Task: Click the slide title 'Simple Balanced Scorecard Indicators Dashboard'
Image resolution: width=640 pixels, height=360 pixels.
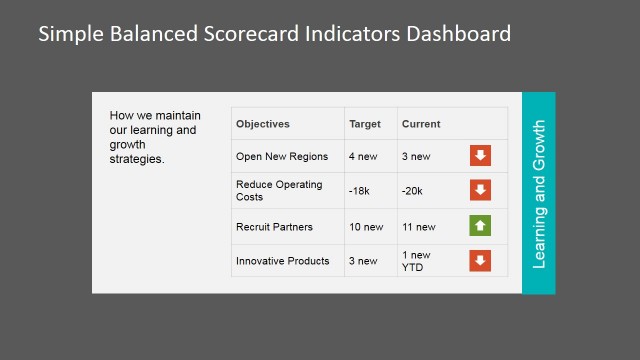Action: coord(275,34)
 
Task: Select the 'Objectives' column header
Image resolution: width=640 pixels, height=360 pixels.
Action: coord(263,124)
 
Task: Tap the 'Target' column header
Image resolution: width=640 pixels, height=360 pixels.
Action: coord(365,124)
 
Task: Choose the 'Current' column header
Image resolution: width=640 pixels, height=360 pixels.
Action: coord(421,124)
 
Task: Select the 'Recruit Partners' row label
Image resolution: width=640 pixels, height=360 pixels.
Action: coord(274,227)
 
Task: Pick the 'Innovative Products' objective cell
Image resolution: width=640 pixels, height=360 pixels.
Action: coord(282,261)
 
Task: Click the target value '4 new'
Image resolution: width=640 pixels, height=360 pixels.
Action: coord(363,156)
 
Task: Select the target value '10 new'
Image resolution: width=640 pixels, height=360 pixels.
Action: coord(366,227)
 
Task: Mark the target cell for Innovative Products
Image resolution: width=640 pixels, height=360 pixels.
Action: coord(363,261)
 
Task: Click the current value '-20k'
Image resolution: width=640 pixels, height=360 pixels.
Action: coord(412,190)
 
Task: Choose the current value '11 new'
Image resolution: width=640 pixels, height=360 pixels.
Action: coord(418,227)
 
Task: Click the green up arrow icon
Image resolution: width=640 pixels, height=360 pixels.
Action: coord(481,226)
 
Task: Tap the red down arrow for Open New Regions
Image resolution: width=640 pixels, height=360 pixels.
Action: coord(481,155)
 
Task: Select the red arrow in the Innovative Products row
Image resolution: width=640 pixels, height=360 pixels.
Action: coord(481,261)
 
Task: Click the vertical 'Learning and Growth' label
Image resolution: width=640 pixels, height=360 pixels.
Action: coord(539,194)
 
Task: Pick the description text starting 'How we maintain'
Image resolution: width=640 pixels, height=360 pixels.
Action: coord(153,138)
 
